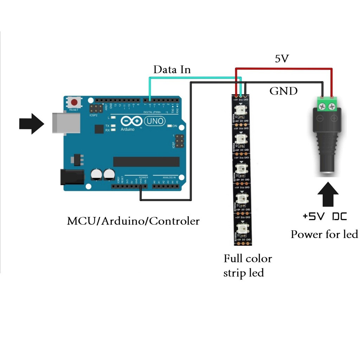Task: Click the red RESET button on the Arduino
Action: [74, 103]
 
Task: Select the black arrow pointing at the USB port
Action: [31, 124]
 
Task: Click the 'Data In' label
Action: [172, 70]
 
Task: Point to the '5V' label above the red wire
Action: [282, 59]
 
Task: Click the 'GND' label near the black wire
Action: [283, 91]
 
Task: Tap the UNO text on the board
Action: [155, 121]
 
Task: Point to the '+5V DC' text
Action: [324, 216]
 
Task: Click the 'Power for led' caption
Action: [324, 234]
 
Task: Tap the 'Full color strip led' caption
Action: [247, 265]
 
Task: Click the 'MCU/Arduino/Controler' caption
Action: [133, 221]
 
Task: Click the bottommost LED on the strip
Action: [242, 229]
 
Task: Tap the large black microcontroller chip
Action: [146, 162]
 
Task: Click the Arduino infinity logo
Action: [131, 121]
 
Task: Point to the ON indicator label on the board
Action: [174, 126]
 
